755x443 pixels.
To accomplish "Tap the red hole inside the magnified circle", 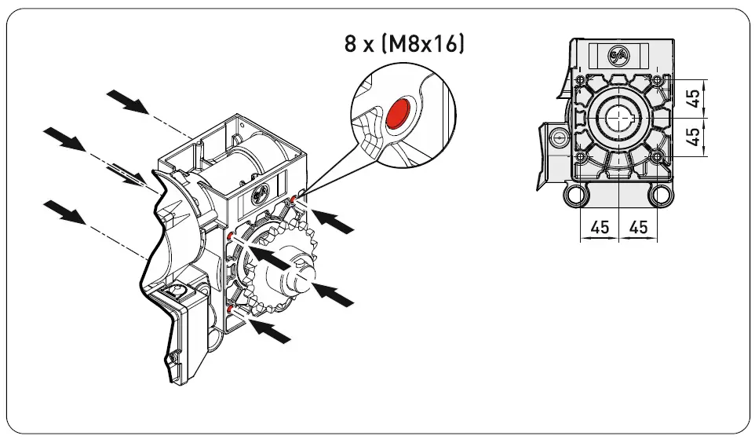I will [399, 113].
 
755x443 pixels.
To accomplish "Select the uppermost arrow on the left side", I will [126, 101].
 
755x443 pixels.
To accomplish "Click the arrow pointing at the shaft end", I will [334, 295].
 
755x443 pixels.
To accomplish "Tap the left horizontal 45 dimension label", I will [600, 227].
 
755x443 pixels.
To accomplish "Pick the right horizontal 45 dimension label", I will [639, 227].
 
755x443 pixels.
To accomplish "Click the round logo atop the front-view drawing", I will [618, 56].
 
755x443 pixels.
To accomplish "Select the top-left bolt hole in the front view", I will [580, 81].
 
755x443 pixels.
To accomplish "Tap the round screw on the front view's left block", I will [558, 137].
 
